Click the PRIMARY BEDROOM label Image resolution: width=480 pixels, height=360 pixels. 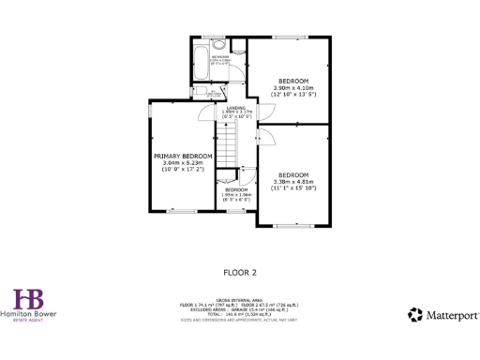[x=183, y=156]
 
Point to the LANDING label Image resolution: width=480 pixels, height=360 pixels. [x=235, y=108]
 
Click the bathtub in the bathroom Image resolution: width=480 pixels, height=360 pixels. [x=199, y=62]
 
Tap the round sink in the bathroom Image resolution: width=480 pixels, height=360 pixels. [x=219, y=44]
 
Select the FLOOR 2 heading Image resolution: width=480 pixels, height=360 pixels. [x=239, y=273]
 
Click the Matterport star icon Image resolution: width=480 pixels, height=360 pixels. [x=414, y=315]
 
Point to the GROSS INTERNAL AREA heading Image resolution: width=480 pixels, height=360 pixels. [x=239, y=300]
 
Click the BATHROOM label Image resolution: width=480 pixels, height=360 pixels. [x=219, y=58]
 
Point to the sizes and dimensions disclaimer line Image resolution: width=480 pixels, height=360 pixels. [x=239, y=321]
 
